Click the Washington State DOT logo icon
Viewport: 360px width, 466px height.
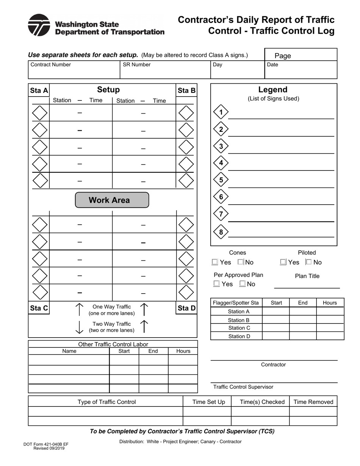click(x=39, y=25)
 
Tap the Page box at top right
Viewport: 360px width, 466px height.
click(x=301, y=55)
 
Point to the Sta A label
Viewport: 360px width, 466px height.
click(x=39, y=91)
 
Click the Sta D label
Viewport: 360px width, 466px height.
click(x=186, y=308)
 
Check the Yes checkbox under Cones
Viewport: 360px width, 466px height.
click(x=215, y=262)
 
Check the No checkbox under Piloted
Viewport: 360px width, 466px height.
click(x=309, y=262)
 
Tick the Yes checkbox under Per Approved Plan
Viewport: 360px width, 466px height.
click(x=216, y=283)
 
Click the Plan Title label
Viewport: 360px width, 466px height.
click(x=307, y=276)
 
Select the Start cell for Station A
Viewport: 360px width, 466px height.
click(x=276, y=311)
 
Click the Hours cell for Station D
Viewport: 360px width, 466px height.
click(x=330, y=336)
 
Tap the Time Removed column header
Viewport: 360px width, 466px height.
click(x=313, y=402)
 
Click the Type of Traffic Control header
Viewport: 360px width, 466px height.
click(x=106, y=402)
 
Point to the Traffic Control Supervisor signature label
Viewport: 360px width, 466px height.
click(x=243, y=387)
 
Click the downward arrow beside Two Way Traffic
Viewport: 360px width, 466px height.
click(x=79, y=327)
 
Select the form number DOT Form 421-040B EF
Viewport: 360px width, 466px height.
click(x=46, y=444)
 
